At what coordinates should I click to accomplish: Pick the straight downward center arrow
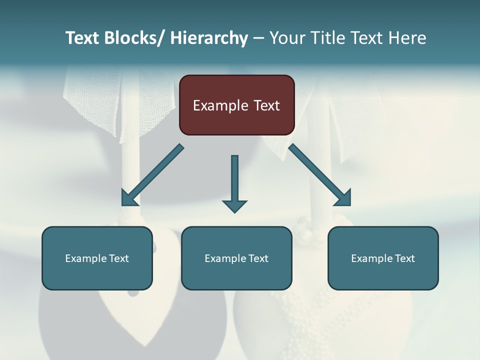[x=234, y=180]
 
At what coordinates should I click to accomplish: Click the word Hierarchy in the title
[x=209, y=38]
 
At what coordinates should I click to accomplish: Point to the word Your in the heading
[x=287, y=38]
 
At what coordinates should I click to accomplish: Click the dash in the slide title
[x=258, y=38]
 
